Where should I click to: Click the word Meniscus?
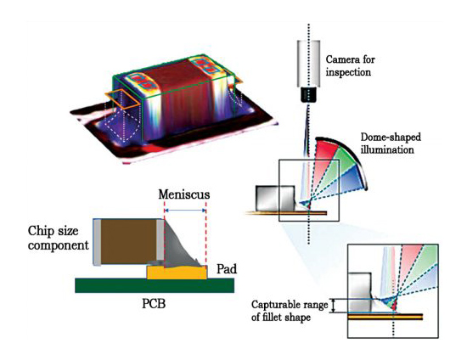pyautogui.click(x=184, y=194)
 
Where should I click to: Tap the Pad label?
pyautogui.click(x=227, y=269)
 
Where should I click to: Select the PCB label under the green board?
pyautogui.click(x=154, y=304)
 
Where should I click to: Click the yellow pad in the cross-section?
pyautogui.click(x=177, y=273)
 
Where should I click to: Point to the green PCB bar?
pyautogui.click(x=155, y=285)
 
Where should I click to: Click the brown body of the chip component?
pyautogui.click(x=129, y=242)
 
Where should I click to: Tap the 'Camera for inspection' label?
pyautogui.click(x=350, y=66)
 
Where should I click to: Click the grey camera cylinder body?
pyautogui.click(x=308, y=64)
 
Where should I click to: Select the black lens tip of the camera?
pyautogui.click(x=308, y=95)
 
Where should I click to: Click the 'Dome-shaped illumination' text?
pyautogui.click(x=391, y=143)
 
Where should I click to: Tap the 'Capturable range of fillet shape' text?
pyautogui.click(x=290, y=311)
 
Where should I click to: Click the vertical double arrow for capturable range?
pyautogui.click(x=334, y=306)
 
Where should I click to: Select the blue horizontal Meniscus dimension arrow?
pyautogui.click(x=185, y=211)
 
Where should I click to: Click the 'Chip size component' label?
pyautogui.click(x=58, y=238)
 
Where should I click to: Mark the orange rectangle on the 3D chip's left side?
pyautogui.click(x=122, y=98)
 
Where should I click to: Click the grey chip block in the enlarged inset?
pyautogui.click(x=360, y=292)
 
